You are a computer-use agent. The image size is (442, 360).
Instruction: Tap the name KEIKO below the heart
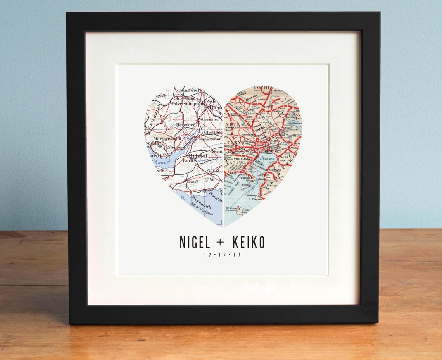[x=248, y=242]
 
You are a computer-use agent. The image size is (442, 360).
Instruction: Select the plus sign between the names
[x=220, y=243]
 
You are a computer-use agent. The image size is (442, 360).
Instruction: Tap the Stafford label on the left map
[x=189, y=90]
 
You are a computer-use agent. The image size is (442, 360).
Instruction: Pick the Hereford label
[x=185, y=125]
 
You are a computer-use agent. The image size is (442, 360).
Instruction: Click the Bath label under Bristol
[x=188, y=160]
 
